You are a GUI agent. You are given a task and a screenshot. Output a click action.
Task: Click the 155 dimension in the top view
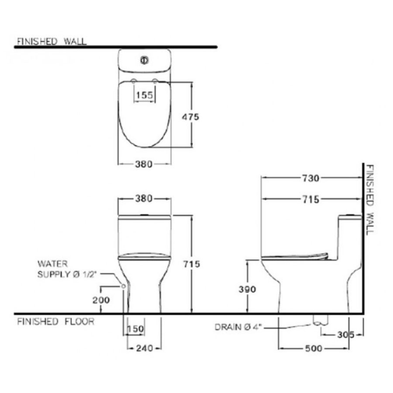(x=144, y=95)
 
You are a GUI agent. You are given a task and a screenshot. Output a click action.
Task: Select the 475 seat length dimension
(x=190, y=117)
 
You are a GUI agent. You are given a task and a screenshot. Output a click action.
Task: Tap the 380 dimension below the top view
(x=144, y=165)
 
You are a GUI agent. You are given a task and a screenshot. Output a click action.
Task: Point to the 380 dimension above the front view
(x=144, y=199)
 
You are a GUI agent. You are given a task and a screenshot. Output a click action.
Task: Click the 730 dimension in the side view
(x=311, y=178)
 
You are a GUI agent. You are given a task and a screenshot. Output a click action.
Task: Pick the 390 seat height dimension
(x=247, y=289)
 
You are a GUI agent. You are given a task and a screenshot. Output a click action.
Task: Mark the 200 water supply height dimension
(x=101, y=300)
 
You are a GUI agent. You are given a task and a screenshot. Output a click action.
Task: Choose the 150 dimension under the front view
(x=135, y=329)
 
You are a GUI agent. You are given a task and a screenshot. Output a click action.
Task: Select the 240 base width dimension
(x=144, y=348)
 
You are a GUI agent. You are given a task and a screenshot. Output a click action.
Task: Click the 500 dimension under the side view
(x=314, y=348)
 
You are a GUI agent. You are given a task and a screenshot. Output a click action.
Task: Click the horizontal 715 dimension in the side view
(x=311, y=199)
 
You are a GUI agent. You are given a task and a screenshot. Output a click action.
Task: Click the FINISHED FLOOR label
(x=55, y=322)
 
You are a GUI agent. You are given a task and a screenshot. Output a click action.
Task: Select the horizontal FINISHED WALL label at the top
(x=51, y=41)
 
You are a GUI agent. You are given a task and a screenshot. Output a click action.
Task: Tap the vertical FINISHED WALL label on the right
(x=370, y=199)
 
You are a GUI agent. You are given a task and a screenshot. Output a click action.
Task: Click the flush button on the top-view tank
(x=144, y=61)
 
